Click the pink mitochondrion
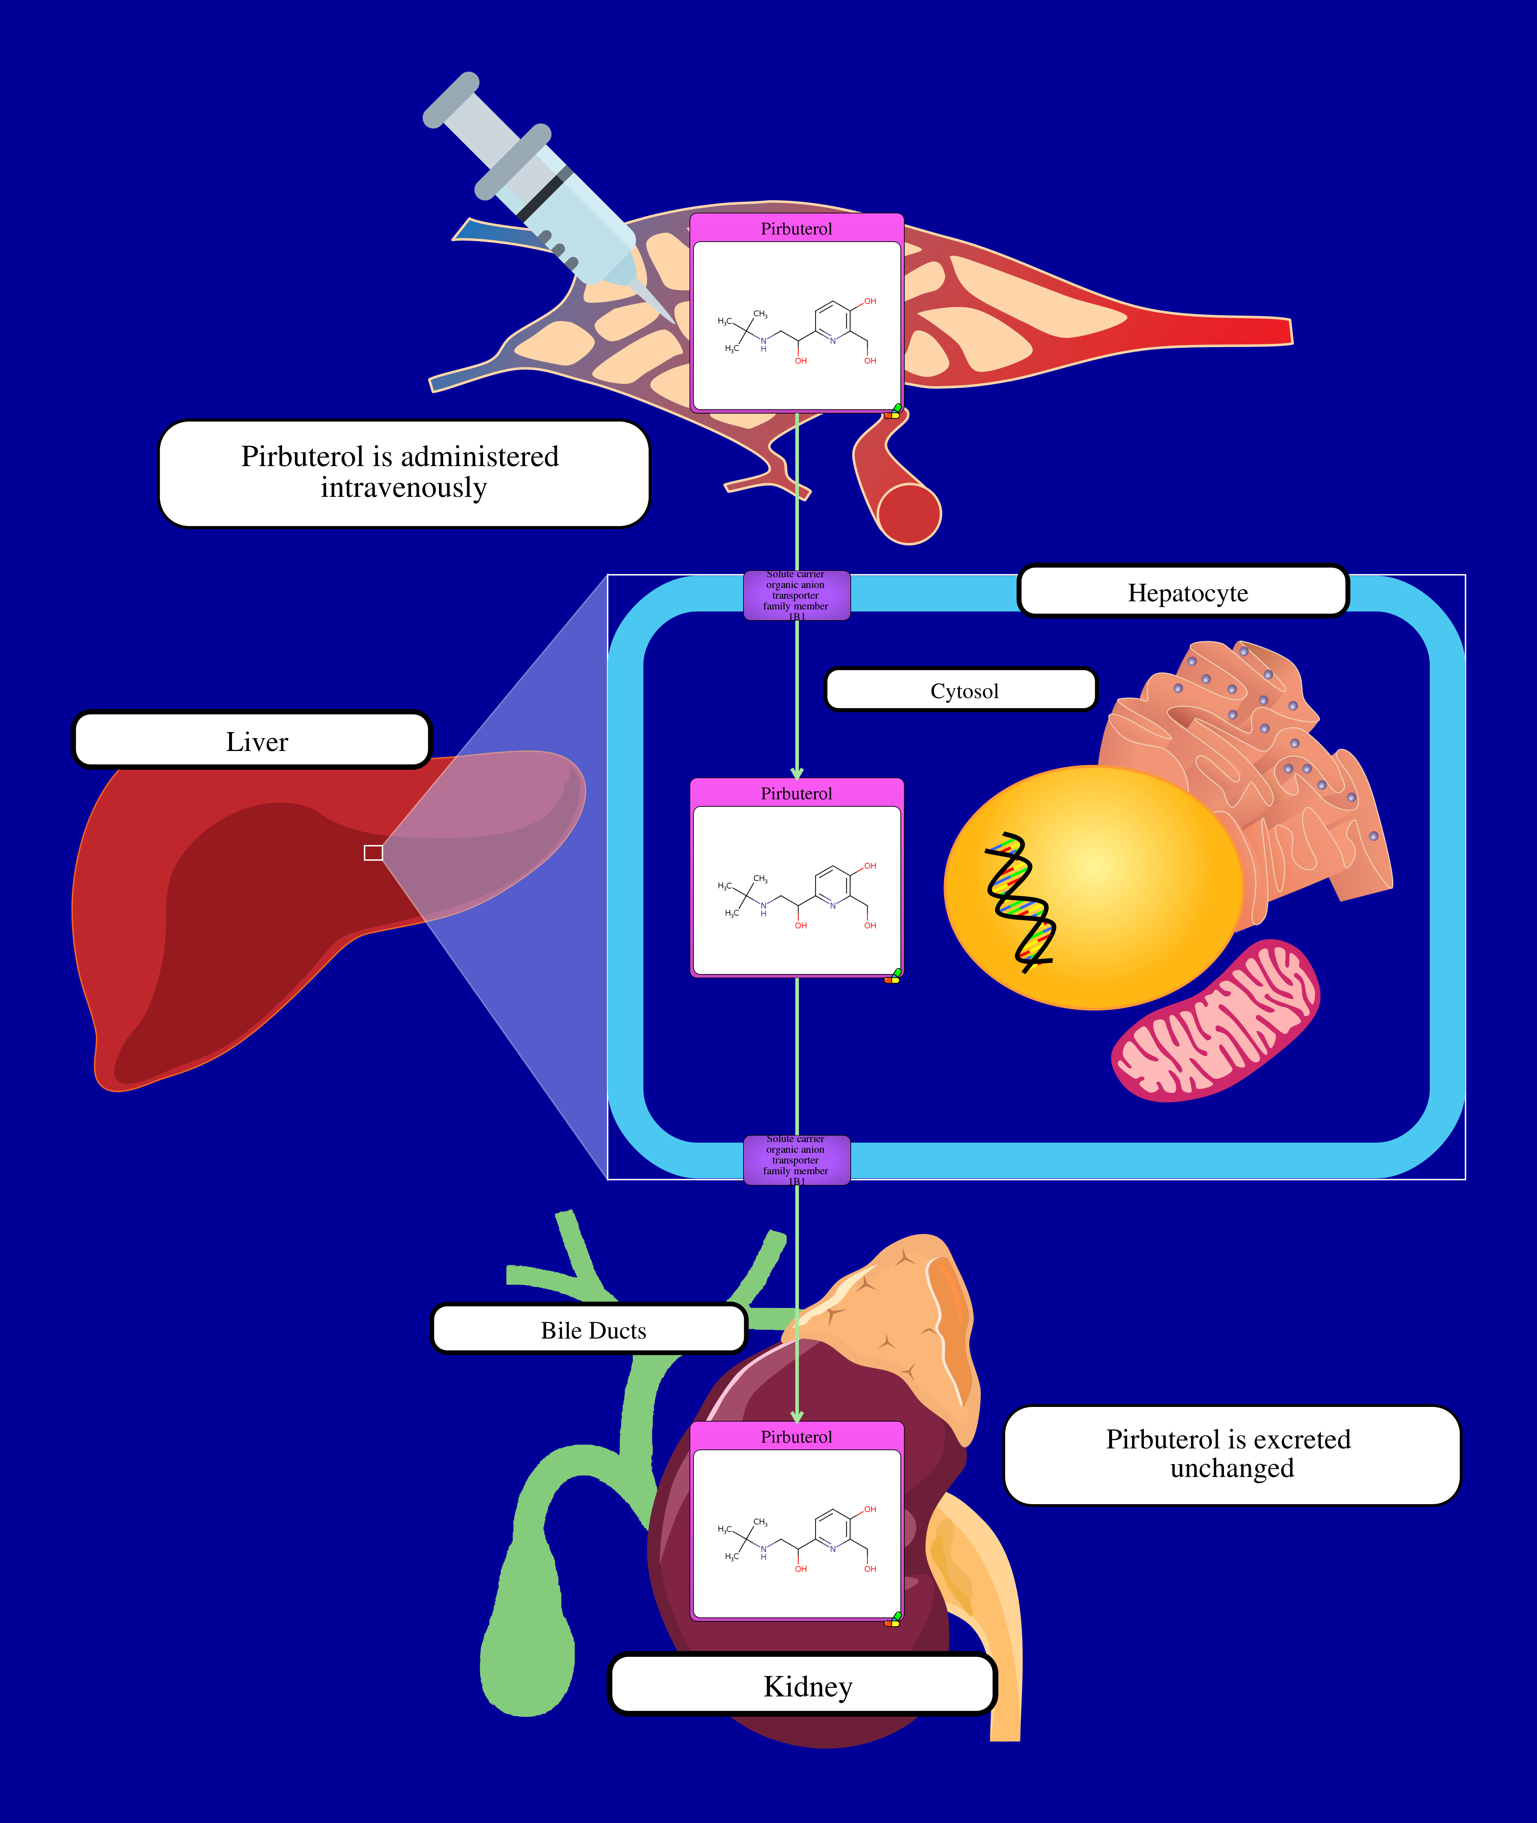[x=1216, y=1021]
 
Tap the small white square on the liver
[x=373, y=852]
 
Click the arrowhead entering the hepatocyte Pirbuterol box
[x=796, y=773]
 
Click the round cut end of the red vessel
[x=909, y=514]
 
